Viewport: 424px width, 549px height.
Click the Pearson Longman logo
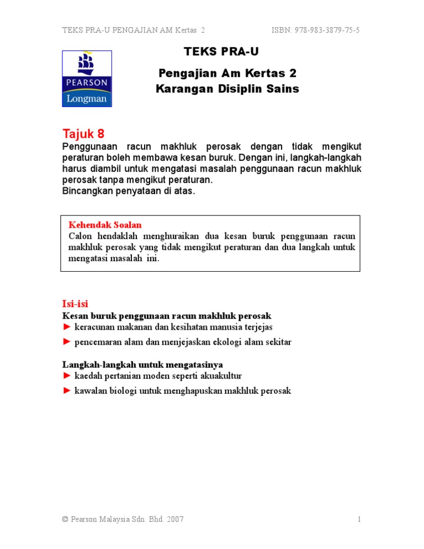(87, 78)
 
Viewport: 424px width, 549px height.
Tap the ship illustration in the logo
(86, 65)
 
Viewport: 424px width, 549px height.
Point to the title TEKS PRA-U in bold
(221, 52)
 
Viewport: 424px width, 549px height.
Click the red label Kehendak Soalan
(105, 225)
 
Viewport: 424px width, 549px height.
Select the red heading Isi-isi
(75, 304)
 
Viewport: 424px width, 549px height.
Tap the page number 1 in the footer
(359, 519)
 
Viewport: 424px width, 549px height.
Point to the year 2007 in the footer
(174, 519)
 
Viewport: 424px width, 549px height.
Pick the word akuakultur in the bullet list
(220, 376)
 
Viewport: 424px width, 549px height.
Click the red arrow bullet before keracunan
(67, 328)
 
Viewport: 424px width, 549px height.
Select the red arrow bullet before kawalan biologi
(67, 390)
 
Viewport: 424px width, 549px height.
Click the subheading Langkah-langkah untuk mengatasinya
(142, 365)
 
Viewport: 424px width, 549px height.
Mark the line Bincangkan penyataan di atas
(129, 191)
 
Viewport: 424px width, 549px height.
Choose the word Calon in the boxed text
(79, 235)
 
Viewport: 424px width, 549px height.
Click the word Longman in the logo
(87, 98)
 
